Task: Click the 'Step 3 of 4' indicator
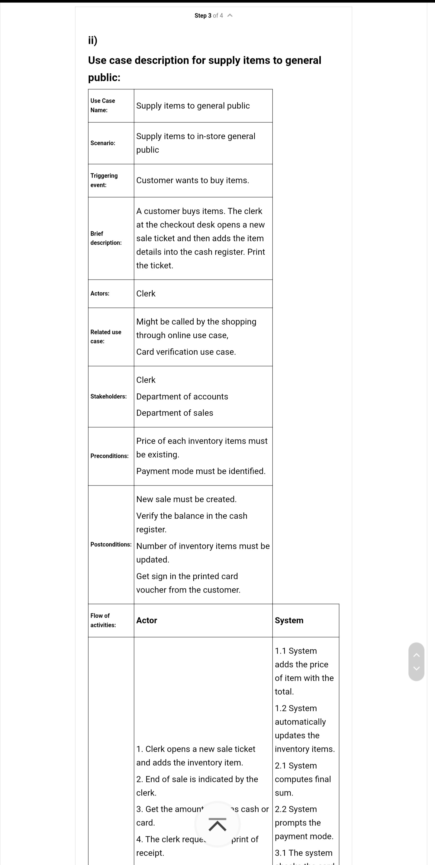[x=208, y=16]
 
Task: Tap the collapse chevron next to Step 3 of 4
[x=230, y=15]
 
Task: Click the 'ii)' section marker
[x=93, y=40]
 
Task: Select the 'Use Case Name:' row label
[x=102, y=105]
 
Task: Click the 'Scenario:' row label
[x=103, y=143]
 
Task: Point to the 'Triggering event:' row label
[x=104, y=180]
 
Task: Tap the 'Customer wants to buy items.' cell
[x=192, y=180]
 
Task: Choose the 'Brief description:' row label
[x=106, y=238]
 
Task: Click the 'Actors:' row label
[x=100, y=294]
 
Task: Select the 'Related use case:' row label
[x=106, y=336]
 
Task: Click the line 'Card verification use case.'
[x=186, y=352]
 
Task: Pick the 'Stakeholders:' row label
[x=108, y=397]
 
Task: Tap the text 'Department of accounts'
[x=182, y=397]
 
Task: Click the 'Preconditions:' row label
[x=110, y=456]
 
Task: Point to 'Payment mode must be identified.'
[x=201, y=471]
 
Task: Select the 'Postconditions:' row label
[x=111, y=544]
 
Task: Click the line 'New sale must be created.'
[x=186, y=499]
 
